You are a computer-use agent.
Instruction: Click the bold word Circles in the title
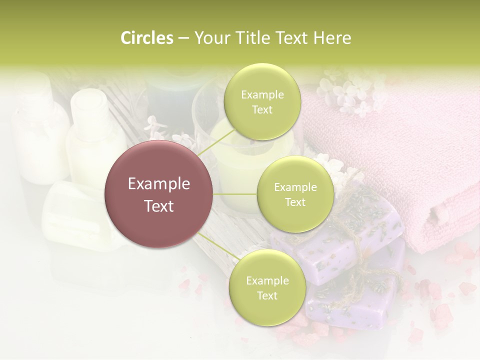[146, 38]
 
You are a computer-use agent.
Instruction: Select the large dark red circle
[159, 194]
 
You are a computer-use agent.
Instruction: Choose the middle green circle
[295, 194]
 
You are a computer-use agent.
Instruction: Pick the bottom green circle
[267, 288]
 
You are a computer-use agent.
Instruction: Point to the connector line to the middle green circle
[235, 194]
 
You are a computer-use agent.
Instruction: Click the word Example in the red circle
[159, 184]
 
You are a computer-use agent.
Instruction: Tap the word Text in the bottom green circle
[267, 296]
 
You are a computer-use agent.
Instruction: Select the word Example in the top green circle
[262, 95]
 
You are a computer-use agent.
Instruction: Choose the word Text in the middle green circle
[295, 202]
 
